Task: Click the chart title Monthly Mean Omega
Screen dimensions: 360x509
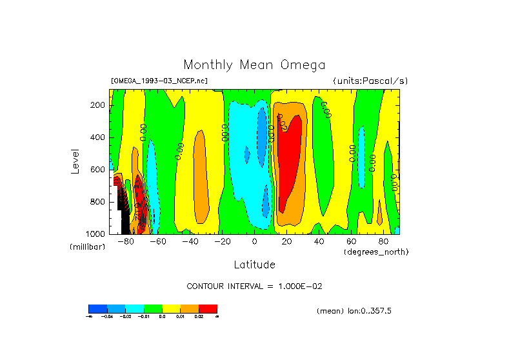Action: tap(254, 65)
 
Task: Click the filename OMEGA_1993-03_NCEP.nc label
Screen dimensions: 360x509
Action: tap(159, 81)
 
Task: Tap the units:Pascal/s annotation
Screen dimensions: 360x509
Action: tap(370, 81)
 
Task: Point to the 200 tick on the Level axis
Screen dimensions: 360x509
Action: tap(98, 105)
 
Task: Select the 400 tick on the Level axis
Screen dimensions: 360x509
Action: tap(98, 137)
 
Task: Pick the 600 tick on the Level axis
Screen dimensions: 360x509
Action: tap(98, 170)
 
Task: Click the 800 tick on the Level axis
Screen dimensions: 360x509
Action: tap(98, 201)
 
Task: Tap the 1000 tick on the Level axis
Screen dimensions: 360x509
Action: tap(96, 233)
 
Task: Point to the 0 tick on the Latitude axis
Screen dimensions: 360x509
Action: tap(255, 242)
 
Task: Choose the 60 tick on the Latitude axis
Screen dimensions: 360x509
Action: tap(351, 242)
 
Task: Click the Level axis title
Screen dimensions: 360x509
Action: tap(75, 161)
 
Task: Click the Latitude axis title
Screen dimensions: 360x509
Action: tap(254, 265)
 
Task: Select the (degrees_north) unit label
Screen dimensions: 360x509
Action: tap(375, 252)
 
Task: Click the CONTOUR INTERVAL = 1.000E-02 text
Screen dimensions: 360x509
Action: tap(254, 286)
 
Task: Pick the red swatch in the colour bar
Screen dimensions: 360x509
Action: tap(208, 308)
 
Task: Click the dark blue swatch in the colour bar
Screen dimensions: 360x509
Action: tap(97, 308)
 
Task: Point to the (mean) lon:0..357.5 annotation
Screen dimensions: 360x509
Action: tap(354, 311)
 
